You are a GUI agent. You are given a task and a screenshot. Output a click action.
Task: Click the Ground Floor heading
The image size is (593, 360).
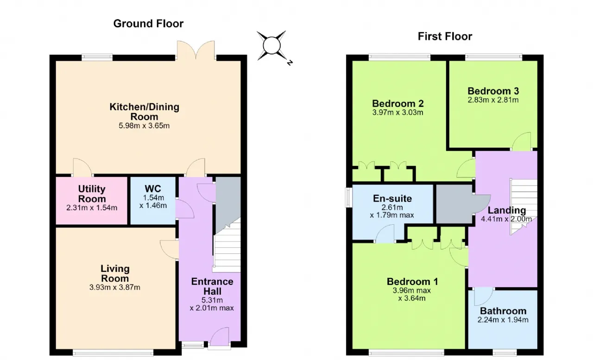148,24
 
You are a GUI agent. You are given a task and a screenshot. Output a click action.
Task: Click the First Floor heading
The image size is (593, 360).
445,36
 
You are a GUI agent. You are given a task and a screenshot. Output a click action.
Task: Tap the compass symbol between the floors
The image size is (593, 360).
273,46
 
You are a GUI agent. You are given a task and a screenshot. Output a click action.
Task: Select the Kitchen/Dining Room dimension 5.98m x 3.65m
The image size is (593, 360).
144,126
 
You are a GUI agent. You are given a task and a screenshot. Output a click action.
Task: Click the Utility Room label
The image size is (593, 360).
92,194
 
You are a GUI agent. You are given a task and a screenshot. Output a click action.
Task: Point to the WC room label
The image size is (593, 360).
153,189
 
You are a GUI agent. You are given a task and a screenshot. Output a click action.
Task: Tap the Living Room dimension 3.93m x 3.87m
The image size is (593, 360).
114,287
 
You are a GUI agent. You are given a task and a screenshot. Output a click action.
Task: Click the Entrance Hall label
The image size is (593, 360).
212,286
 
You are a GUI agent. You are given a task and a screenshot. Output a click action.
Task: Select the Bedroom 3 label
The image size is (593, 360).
493,91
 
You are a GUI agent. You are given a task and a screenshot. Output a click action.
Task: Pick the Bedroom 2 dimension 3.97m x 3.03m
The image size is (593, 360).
397,113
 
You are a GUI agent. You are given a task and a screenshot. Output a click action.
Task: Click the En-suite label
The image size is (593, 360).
392,198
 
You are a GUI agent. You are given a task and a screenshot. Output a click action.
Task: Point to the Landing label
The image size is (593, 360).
507,210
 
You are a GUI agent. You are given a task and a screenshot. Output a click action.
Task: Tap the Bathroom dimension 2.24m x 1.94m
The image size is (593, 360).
503,320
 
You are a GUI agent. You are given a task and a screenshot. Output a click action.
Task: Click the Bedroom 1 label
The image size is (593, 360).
412,281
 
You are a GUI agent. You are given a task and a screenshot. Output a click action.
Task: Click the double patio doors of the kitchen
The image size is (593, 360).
196,51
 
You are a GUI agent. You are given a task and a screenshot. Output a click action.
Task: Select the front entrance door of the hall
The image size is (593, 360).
219,337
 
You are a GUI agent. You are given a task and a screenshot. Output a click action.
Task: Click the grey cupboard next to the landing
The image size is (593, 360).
454,204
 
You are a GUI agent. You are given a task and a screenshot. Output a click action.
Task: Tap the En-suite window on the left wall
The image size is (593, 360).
349,197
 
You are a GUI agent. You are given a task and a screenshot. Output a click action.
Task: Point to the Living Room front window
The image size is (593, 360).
113,352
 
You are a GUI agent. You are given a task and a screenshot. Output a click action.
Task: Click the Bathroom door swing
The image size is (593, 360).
483,297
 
